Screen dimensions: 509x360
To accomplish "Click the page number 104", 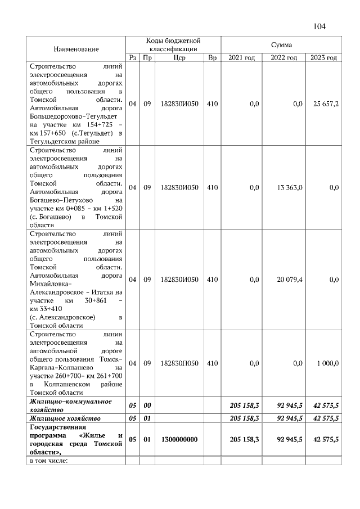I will pyautogui.click(x=319, y=26).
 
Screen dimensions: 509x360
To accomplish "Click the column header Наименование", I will pyautogui.click(x=76, y=49).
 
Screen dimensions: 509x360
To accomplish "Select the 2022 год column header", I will pyautogui.click(x=283, y=57).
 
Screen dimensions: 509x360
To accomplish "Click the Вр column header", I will pyautogui.click(x=211, y=57).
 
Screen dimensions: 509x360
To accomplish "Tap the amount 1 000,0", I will pyautogui.click(x=327, y=363).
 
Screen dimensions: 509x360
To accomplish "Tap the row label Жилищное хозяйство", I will pyautogui.click(x=65, y=418).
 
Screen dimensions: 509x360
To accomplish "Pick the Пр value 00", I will pyautogui.click(x=147, y=405).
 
